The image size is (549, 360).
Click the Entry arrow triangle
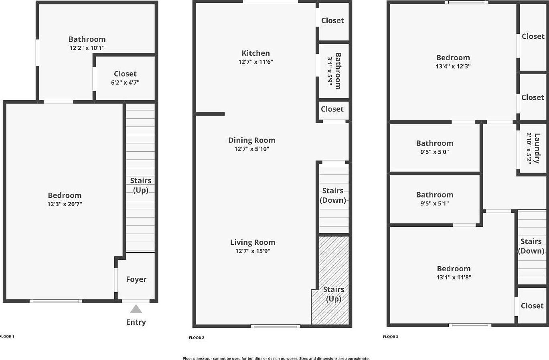pos(136,309)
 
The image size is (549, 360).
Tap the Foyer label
pos(136,279)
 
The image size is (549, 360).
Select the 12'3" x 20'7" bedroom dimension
pos(65,204)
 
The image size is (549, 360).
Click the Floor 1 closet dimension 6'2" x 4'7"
pos(125,83)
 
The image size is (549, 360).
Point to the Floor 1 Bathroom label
pos(87,39)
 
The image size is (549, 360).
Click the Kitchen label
pos(255,53)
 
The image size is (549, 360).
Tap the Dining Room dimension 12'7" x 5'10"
pos(252,149)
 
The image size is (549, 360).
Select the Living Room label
pos(253,242)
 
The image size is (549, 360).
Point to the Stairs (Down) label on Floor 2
pos(333,195)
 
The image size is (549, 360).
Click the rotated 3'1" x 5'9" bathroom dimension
pos(330,71)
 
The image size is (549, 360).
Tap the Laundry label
pos(537,148)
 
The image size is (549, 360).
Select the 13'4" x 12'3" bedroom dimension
pos(453,67)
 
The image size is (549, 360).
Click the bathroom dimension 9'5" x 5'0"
pos(435,152)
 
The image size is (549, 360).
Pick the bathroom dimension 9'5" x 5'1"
pos(435,203)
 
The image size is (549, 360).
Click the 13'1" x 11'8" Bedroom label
pos(454,269)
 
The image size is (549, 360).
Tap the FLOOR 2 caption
pos(197,338)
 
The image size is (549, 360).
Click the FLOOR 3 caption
pos(391,337)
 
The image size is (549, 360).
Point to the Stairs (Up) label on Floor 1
pos(141,185)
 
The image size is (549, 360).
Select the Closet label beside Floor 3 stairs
pos(532,306)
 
